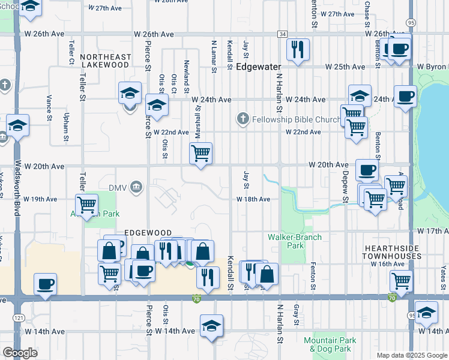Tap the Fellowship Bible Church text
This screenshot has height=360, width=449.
[290, 118]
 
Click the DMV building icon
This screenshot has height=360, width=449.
[137, 188]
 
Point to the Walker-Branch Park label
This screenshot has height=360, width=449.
[295, 241]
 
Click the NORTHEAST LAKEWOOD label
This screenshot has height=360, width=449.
[105, 61]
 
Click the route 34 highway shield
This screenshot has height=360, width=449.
[282, 34]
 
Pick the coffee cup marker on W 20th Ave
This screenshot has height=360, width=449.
[367, 169]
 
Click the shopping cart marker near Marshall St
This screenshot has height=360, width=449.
[201, 152]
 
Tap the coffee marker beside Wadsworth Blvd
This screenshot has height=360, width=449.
[45, 283]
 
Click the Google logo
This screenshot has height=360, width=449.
[20, 353]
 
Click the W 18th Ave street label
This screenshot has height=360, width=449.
[253, 199]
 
